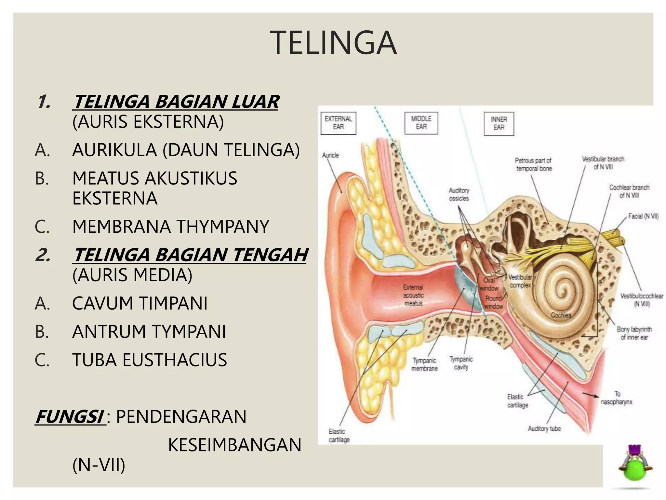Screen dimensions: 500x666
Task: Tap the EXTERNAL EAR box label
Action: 338,123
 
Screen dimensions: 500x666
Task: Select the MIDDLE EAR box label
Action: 421,123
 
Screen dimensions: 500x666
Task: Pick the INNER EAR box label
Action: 499,124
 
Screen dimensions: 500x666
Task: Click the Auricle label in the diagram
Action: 330,155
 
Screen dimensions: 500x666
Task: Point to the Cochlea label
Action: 561,315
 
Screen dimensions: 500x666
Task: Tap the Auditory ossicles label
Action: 459,194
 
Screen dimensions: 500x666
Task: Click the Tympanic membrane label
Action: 424,365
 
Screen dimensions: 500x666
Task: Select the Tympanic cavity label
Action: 461,363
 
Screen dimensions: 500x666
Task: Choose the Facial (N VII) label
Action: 643,216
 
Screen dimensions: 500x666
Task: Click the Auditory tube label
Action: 544,429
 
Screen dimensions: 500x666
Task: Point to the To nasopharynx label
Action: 617,398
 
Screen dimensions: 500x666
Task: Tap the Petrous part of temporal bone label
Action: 533,164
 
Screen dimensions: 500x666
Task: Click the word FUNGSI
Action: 70,417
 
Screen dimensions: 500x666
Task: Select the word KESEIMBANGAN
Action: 234,445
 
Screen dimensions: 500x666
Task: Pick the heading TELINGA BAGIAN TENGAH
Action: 190,255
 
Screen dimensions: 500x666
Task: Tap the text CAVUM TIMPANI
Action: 140,303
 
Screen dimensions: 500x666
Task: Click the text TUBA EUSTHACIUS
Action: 150,360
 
